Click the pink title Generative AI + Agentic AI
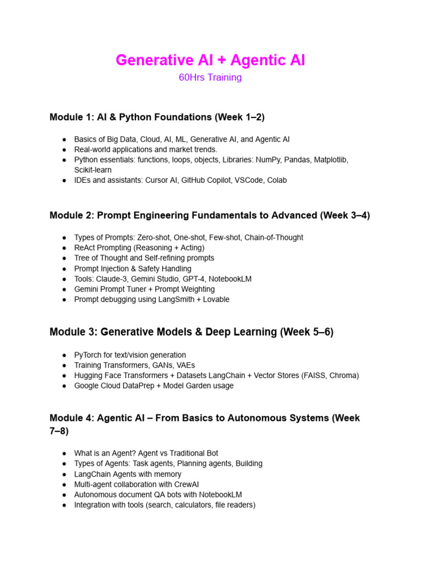click(210, 60)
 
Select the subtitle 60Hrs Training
click(210, 77)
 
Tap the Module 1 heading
click(157, 117)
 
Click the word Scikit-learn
click(93, 170)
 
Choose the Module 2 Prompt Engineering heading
click(209, 216)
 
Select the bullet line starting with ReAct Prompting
click(139, 248)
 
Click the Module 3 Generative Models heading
click(191, 332)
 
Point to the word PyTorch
click(88, 355)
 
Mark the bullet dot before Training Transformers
click(64, 366)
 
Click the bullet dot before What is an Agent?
click(64, 453)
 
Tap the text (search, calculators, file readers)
click(201, 505)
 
